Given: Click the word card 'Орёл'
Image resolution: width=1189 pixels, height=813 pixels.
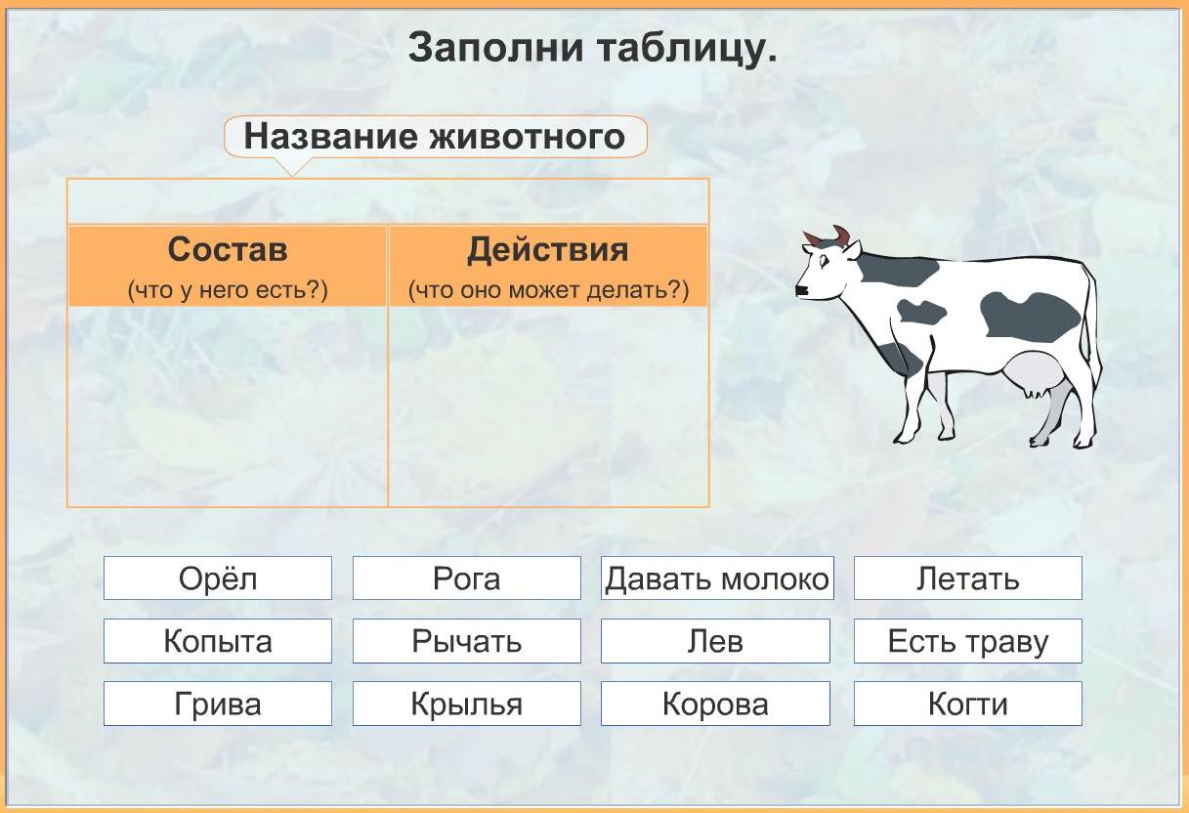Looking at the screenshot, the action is [x=218, y=578].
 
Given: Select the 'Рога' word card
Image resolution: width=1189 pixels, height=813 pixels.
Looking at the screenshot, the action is [x=467, y=578].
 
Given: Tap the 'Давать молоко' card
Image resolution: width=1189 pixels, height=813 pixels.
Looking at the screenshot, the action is [x=717, y=578].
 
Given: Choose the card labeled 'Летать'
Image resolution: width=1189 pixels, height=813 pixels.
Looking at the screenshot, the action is [x=967, y=578].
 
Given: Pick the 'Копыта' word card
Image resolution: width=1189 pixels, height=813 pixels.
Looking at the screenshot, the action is [x=218, y=641].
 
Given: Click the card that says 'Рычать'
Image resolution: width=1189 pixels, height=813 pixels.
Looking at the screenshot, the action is [x=467, y=641].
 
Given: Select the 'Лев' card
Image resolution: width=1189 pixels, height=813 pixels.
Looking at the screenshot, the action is [x=715, y=641].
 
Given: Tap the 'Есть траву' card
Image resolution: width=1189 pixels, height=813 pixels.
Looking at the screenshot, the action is [x=967, y=641].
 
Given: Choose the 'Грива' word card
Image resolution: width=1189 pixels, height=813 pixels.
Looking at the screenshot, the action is [x=218, y=704].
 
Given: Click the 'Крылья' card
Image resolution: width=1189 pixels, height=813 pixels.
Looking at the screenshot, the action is [x=467, y=704].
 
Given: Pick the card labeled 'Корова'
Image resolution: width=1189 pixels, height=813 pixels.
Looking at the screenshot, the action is [x=715, y=704].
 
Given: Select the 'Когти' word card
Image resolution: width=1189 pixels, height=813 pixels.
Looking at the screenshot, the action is [x=967, y=704].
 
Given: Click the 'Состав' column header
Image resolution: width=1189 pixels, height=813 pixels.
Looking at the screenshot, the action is [x=228, y=266].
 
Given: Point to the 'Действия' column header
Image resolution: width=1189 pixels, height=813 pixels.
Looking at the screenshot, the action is [x=548, y=266].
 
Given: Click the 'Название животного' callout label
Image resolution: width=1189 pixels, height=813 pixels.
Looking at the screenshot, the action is [x=436, y=137].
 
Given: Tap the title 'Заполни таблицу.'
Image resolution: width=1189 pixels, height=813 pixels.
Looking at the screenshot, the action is [x=592, y=48].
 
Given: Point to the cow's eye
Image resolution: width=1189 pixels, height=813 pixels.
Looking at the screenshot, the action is [x=825, y=261].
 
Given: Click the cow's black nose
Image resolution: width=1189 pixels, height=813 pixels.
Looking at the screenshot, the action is [x=801, y=290].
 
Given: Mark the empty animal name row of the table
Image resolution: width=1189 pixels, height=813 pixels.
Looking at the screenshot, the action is [x=389, y=201].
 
